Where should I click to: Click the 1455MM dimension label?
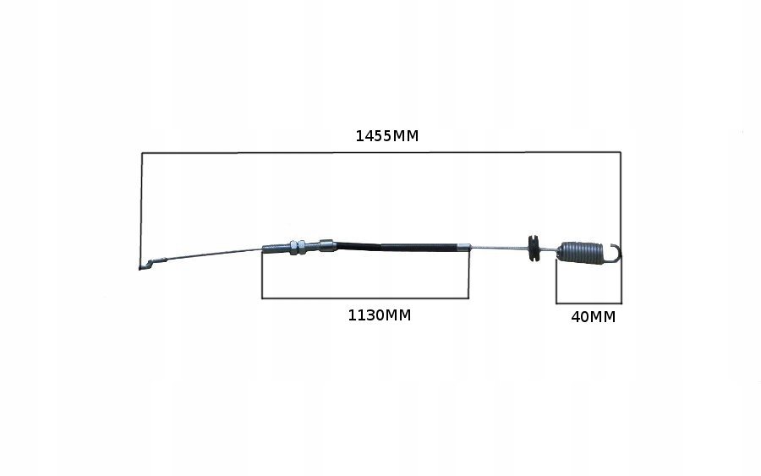[x=386, y=136]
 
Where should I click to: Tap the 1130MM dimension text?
[x=379, y=315]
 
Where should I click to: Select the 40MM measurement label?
[x=593, y=317]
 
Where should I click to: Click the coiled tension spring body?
[x=580, y=252]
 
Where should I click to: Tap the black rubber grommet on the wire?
[x=534, y=249]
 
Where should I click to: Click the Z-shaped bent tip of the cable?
[x=151, y=264]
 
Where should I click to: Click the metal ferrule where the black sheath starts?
[x=327, y=245]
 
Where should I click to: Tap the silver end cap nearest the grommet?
[x=464, y=247]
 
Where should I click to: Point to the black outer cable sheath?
[x=397, y=246]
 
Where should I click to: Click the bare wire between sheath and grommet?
[x=499, y=248]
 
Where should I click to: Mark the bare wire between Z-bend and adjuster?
[x=214, y=254]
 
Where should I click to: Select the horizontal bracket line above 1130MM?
[x=365, y=298]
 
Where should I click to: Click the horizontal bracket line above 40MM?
[x=589, y=304]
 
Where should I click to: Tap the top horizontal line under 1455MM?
[x=381, y=153]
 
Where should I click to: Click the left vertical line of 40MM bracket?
[x=556, y=282]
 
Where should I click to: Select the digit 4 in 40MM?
[x=576, y=317]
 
